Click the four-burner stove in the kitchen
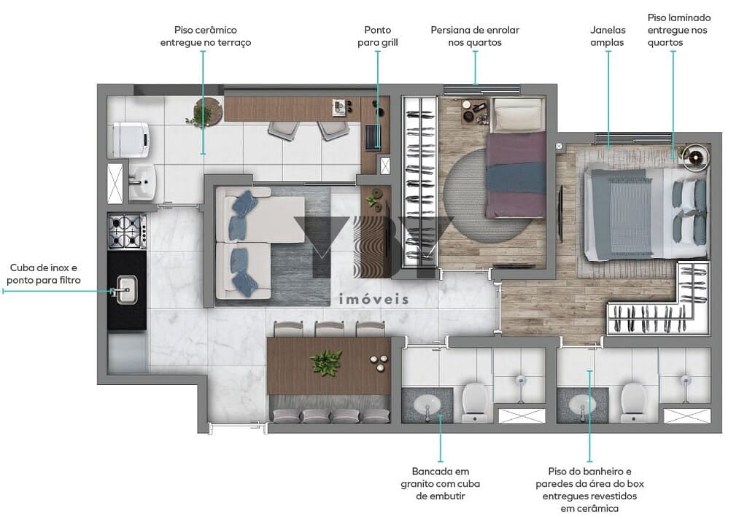127,232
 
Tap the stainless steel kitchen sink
127,290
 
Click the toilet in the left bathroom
474,402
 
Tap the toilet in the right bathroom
634,402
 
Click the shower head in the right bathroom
686,381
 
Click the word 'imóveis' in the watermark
373,299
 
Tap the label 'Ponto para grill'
378,36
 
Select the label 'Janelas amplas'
608,36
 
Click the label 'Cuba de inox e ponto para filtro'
43,274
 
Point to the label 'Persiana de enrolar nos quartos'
475,36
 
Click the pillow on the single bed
518,114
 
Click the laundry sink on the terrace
142,182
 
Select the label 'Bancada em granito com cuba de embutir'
440,483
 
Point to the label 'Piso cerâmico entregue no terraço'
205,36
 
